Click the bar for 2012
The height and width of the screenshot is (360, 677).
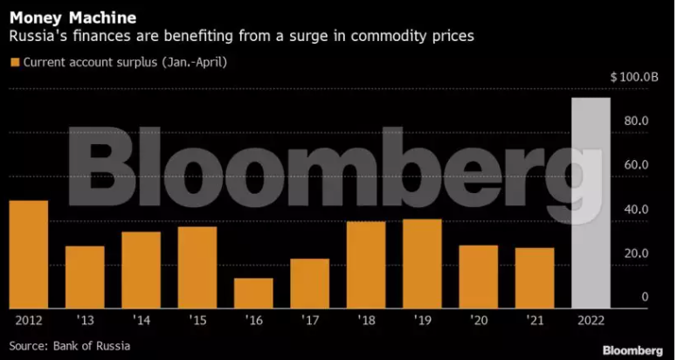point(29,254)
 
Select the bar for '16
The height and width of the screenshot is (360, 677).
point(254,293)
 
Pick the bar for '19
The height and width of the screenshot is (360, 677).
point(423,263)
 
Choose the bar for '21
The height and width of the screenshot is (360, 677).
point(535,278)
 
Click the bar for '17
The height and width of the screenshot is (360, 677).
point(310,283)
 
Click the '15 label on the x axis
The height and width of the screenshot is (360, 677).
point(197,322)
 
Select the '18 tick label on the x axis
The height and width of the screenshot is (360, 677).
point(366,322)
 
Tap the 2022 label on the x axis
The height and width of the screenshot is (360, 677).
point(591,322)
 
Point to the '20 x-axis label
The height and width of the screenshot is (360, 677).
point(479,322)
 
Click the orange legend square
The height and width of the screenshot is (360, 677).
point(14,62)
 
